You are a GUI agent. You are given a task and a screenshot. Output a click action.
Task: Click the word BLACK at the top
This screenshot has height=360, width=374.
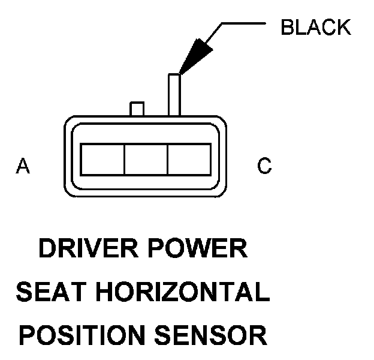(x=315, y=28)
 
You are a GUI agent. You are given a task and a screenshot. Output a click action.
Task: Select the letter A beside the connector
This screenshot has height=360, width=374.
(x=23, y=166)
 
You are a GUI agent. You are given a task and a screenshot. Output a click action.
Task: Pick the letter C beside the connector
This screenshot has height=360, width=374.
(x=264, y=166)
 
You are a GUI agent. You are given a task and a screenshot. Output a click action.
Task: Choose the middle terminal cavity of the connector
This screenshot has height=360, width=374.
(x=146, y=160)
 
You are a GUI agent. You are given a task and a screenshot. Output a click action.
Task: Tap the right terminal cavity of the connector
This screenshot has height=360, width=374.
(x=189, y=160)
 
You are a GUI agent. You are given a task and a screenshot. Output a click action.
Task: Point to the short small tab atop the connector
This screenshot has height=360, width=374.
(x=137, y=109)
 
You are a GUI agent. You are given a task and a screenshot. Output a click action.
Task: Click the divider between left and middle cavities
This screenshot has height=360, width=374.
(x=124, y=160)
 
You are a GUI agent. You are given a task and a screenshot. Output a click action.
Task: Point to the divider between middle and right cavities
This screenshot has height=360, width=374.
(x=167, y=160)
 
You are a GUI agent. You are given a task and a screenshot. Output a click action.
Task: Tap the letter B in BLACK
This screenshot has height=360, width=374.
(x=288, y=28)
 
